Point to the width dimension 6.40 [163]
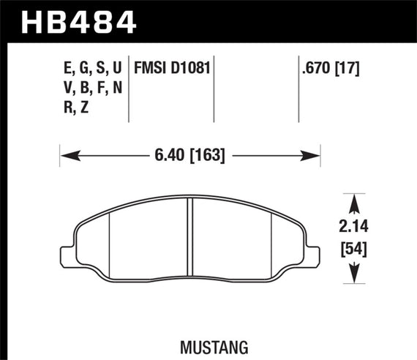pos(190,155)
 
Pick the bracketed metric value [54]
pos(356,249)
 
